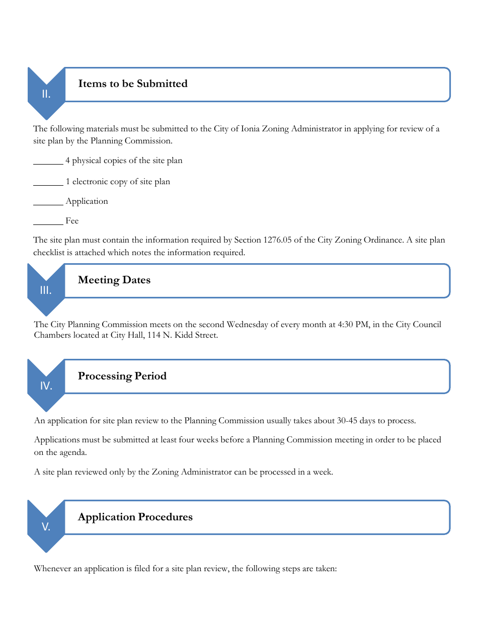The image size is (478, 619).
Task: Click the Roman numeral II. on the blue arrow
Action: point(46,94)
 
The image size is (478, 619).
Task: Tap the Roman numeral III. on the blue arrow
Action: point(46,290)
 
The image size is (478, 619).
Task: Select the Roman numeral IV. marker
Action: point(46,386)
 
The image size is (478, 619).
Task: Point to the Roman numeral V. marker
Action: point(46,527)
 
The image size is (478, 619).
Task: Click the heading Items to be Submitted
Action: point(133,84)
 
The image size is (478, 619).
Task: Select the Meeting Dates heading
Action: point(114,280)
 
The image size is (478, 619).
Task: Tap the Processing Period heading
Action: point(122,376)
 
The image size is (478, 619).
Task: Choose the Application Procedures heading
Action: point(135,517)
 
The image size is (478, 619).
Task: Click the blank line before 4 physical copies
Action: point(48,163)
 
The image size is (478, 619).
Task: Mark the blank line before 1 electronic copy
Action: point(48,184)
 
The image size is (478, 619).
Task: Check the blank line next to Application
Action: point(48,204)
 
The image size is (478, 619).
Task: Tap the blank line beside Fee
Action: point(48,223)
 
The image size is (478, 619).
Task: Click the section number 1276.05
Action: point(277,240)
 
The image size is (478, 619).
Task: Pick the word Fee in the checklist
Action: point(72,221)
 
